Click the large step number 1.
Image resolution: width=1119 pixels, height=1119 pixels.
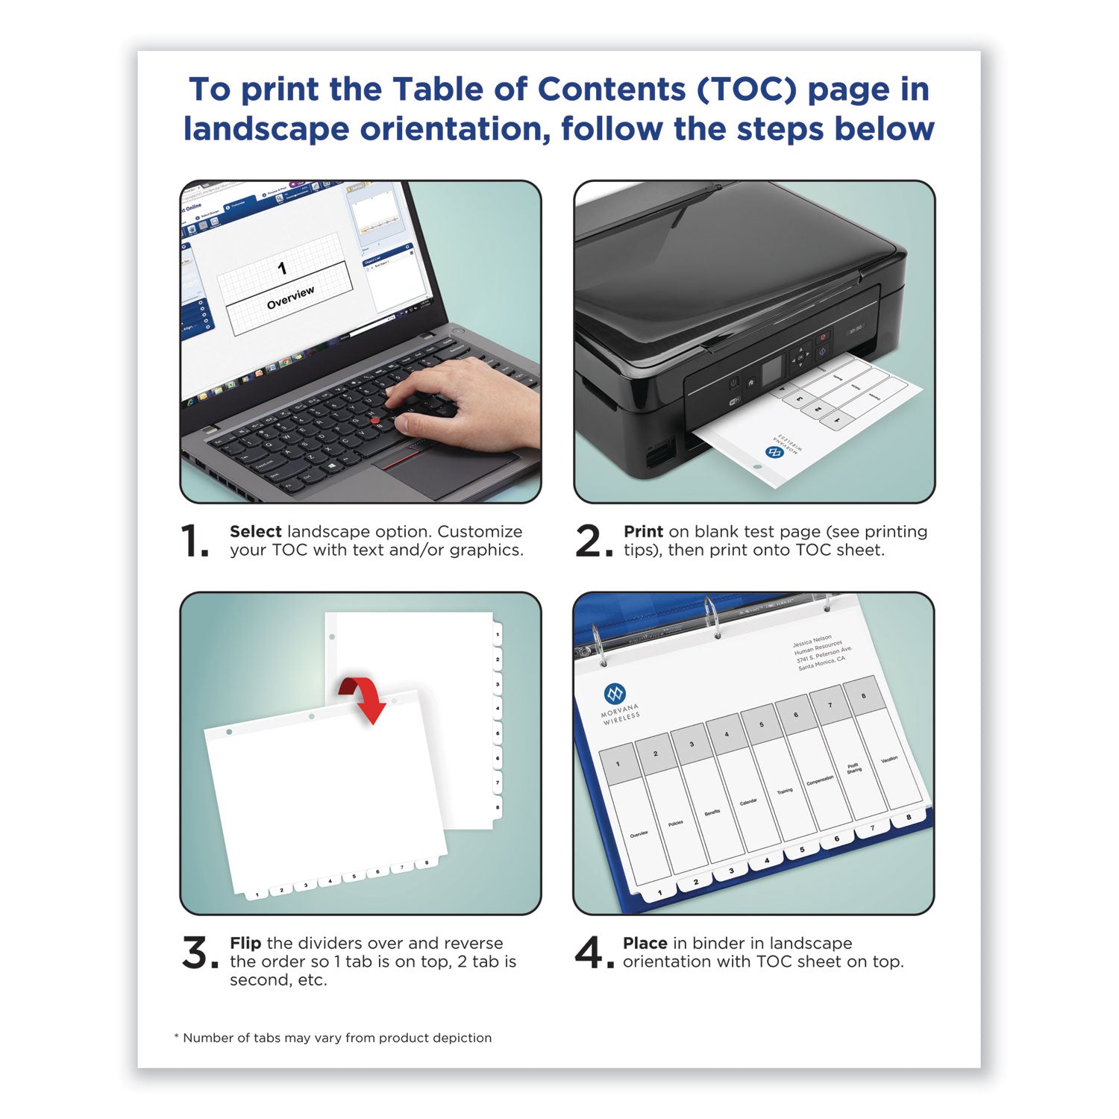(194, 541)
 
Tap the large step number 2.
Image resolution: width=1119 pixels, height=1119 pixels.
(589, 541)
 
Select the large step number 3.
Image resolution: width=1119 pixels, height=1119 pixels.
(196, 953)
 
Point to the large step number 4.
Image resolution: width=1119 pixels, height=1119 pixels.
(589, 953)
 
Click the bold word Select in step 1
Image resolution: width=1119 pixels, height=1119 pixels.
(255, 532)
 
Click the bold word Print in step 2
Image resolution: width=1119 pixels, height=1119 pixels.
(643, 532)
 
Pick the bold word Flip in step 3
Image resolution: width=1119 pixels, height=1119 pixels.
(245, 944)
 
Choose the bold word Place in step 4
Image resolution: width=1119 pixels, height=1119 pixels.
(645, 944)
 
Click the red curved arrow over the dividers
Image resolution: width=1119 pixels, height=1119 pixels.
(363, 698)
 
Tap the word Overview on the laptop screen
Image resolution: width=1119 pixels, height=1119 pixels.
(290, 297)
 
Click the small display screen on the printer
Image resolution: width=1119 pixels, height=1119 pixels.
(772, 367)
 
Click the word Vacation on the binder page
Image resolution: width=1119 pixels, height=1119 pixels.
(889, 759)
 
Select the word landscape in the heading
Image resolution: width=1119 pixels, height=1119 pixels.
(266, 129)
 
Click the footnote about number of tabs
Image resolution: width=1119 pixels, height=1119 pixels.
(333, 1038)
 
